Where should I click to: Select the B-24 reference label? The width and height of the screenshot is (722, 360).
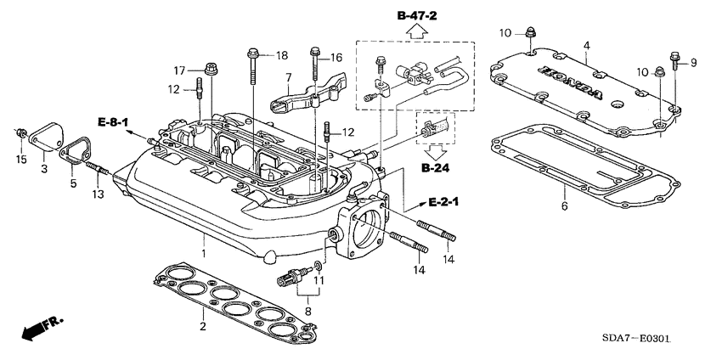pos(435,169)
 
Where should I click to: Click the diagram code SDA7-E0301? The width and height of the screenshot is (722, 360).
pos(636,340)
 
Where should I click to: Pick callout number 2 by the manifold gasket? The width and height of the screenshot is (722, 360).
pos(202,326)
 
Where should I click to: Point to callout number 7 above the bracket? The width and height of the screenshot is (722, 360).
pos(288,77)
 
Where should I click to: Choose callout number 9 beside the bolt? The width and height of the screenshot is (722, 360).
pos(692,62)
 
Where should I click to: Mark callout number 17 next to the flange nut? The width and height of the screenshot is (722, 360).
pos(180,70)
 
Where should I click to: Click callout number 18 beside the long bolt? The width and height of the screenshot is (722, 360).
pos(283,55)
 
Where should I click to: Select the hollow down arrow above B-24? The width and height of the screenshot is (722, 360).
pos(434,151)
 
